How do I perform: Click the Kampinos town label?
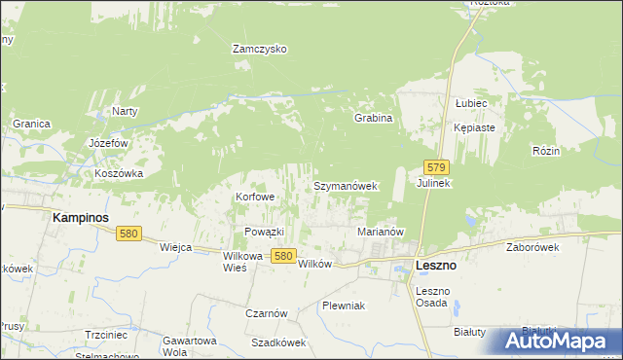pos(80,219)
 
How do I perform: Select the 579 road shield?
pos(436,167)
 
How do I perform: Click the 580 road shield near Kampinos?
pos(129,234)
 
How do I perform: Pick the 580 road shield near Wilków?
pos(282,255)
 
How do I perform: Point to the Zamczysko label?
pos(258,49)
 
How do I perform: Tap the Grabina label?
pos(373,119)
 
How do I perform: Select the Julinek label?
pos(434,184)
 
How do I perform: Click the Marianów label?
pos(381,232)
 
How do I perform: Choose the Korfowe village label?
pos(255,197)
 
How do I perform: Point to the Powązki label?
pos(263,232)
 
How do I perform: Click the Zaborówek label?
pos(531,247)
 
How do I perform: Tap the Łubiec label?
pos(470,102)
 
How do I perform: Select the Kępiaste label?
pos(475,127)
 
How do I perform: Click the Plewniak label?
pos(344,306)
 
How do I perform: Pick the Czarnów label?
pos(266,313)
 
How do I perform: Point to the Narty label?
pos(125,111)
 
